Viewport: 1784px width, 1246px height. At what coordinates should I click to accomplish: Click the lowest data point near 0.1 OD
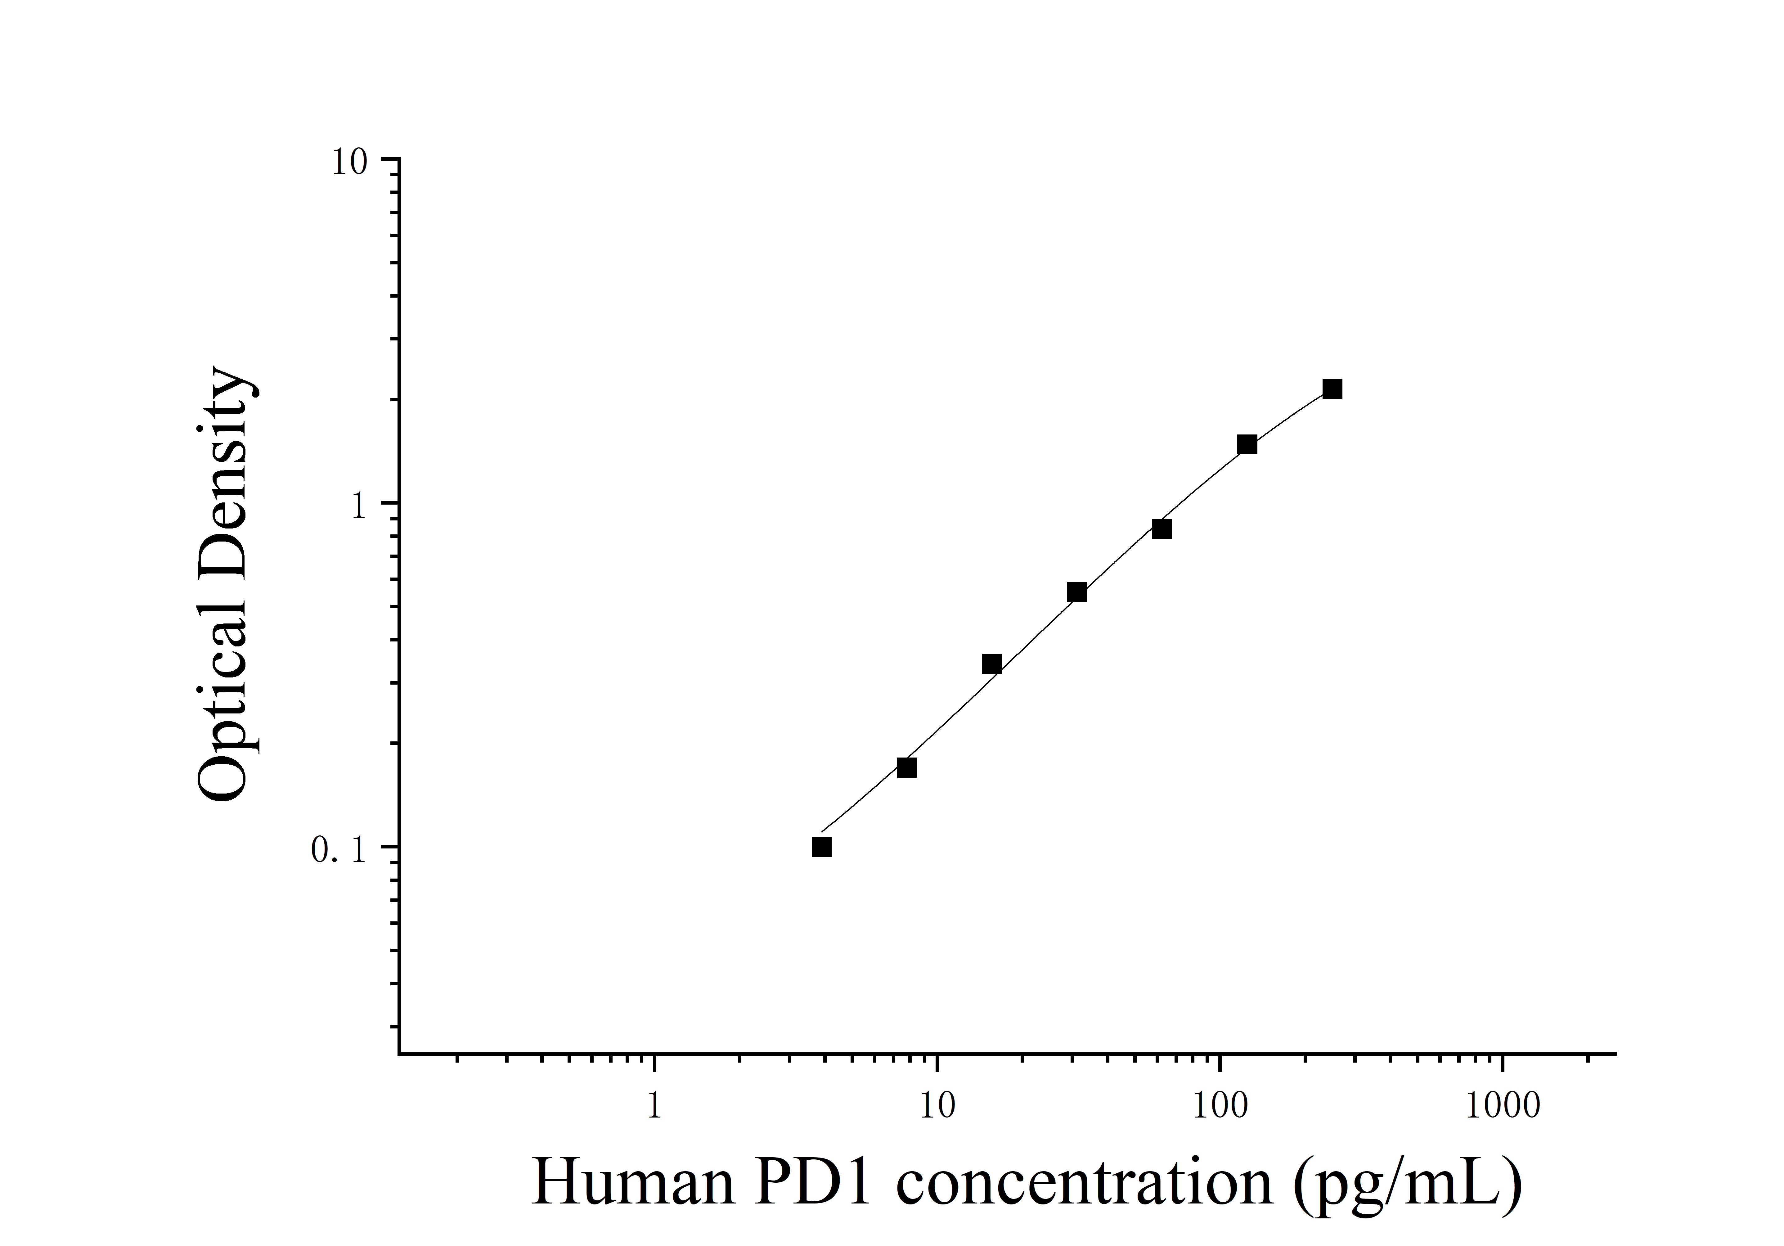point(821,847)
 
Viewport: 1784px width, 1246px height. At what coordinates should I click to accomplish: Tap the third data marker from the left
point(991,664)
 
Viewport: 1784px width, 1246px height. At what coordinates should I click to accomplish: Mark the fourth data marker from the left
point(1077,592)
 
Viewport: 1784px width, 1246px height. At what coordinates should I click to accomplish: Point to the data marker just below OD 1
point(1162,529)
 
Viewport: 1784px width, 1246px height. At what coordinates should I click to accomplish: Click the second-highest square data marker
point(1247,445)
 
